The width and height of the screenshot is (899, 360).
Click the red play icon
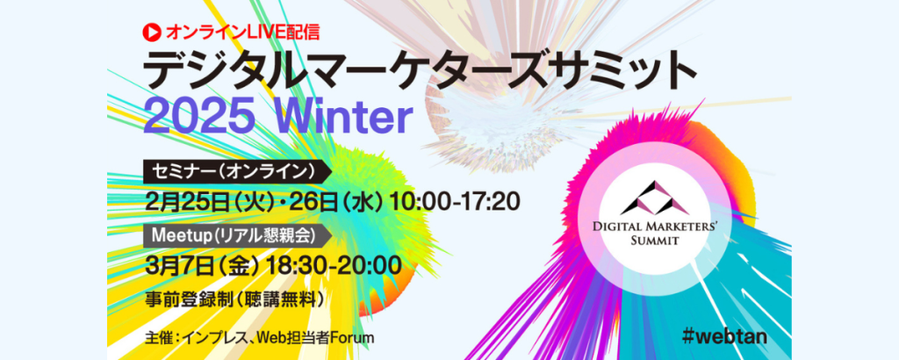[x=152, y=32]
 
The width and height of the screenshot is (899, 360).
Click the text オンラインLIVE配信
[x=242, y=32]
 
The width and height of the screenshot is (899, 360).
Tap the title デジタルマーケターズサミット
[x=420, y=72]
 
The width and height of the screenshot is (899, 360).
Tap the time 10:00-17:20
[x=455, y=201]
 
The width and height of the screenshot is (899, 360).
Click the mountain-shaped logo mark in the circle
[x=655, y=198]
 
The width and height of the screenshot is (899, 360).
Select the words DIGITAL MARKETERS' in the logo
[x=655, y=227]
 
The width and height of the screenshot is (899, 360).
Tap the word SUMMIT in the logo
[x=655, y=241]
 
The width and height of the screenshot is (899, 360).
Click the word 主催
[x=157, y=338]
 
